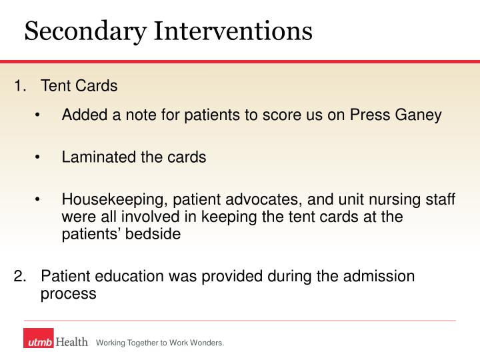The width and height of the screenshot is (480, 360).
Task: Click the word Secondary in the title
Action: pos(85,31)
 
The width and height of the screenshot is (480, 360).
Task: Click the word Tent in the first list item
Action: pos(54,86)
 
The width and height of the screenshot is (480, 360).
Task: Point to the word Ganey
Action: pos(419,115)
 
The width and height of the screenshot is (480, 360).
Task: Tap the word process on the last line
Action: pos(68,293)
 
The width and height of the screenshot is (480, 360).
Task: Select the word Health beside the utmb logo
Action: pos(71,342)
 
